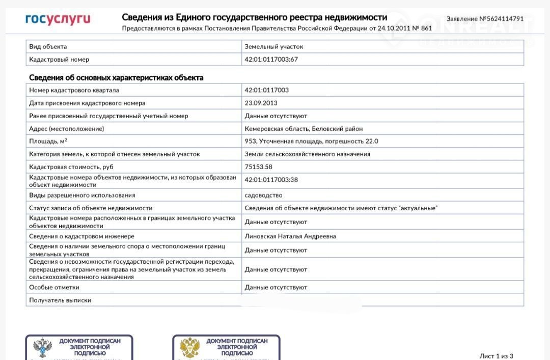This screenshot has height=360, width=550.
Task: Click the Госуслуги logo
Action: (58, 19)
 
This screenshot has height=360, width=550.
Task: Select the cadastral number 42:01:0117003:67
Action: (271, 60)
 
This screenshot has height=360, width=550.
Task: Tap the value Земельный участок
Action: (273, 46)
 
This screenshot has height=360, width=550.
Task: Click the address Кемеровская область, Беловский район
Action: (304, 129)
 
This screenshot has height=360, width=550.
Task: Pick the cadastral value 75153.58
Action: (258, 167)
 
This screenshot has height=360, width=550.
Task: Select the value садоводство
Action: (263, 195)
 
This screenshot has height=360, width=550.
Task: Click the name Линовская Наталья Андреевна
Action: (290, 236)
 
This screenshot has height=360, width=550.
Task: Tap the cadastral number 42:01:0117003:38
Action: (271, 180)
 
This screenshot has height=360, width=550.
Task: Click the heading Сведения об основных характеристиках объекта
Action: (116, 78)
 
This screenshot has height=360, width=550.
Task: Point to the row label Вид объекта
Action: (48, 46)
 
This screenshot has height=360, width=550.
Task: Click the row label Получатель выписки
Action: (60, 300)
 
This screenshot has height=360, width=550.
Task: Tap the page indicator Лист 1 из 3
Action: (496, 356)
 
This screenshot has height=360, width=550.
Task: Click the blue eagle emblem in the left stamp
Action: (43, 348)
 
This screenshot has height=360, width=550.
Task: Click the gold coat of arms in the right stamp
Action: (189, 348)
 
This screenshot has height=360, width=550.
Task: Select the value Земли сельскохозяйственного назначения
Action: (307, 154)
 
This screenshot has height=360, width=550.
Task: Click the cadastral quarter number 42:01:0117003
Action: (266, 90)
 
